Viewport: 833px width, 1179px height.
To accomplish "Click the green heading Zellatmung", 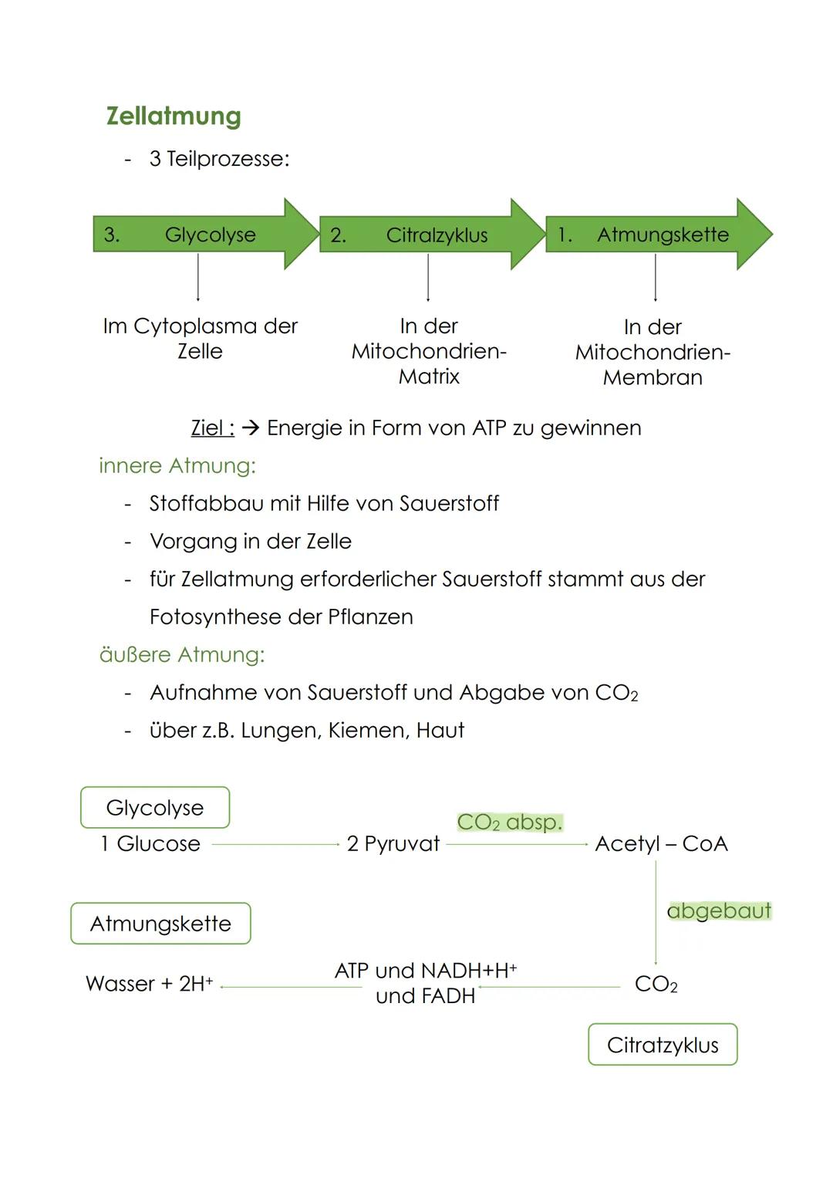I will (x=174, y=116).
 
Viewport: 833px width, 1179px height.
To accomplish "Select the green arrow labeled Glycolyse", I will (x=205, y=235).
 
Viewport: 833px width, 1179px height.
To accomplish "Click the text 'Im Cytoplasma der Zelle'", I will (x=200, y=339).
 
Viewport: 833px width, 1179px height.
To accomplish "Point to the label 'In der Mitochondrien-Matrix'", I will (x=429, y=351).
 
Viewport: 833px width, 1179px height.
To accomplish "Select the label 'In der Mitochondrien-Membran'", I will (x=653, y=352).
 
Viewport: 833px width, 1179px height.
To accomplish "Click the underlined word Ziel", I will (x=212, y=427).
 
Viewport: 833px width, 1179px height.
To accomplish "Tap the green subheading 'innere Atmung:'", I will (x=177, y=465).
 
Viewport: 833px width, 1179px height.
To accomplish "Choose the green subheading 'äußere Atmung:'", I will (x=182, y=654).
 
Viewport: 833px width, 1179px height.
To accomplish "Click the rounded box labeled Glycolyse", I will (x=155, y=807).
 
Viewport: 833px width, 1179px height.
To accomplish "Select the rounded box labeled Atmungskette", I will (x=160, y=924).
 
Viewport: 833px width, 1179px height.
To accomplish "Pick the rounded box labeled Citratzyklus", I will (x=663, y=1045).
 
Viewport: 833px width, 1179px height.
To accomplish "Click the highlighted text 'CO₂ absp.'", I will (x=510, y=822).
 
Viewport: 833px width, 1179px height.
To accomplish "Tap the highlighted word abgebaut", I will (x=719, y=910).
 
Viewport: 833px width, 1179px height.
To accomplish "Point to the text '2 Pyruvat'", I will (x=393, y=843).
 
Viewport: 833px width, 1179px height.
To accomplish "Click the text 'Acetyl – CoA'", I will (x=661, y=843).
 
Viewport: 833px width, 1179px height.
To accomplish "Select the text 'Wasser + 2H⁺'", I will (x=149, y=984).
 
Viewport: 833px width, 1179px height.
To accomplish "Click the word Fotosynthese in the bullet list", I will (x=215, y=617).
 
